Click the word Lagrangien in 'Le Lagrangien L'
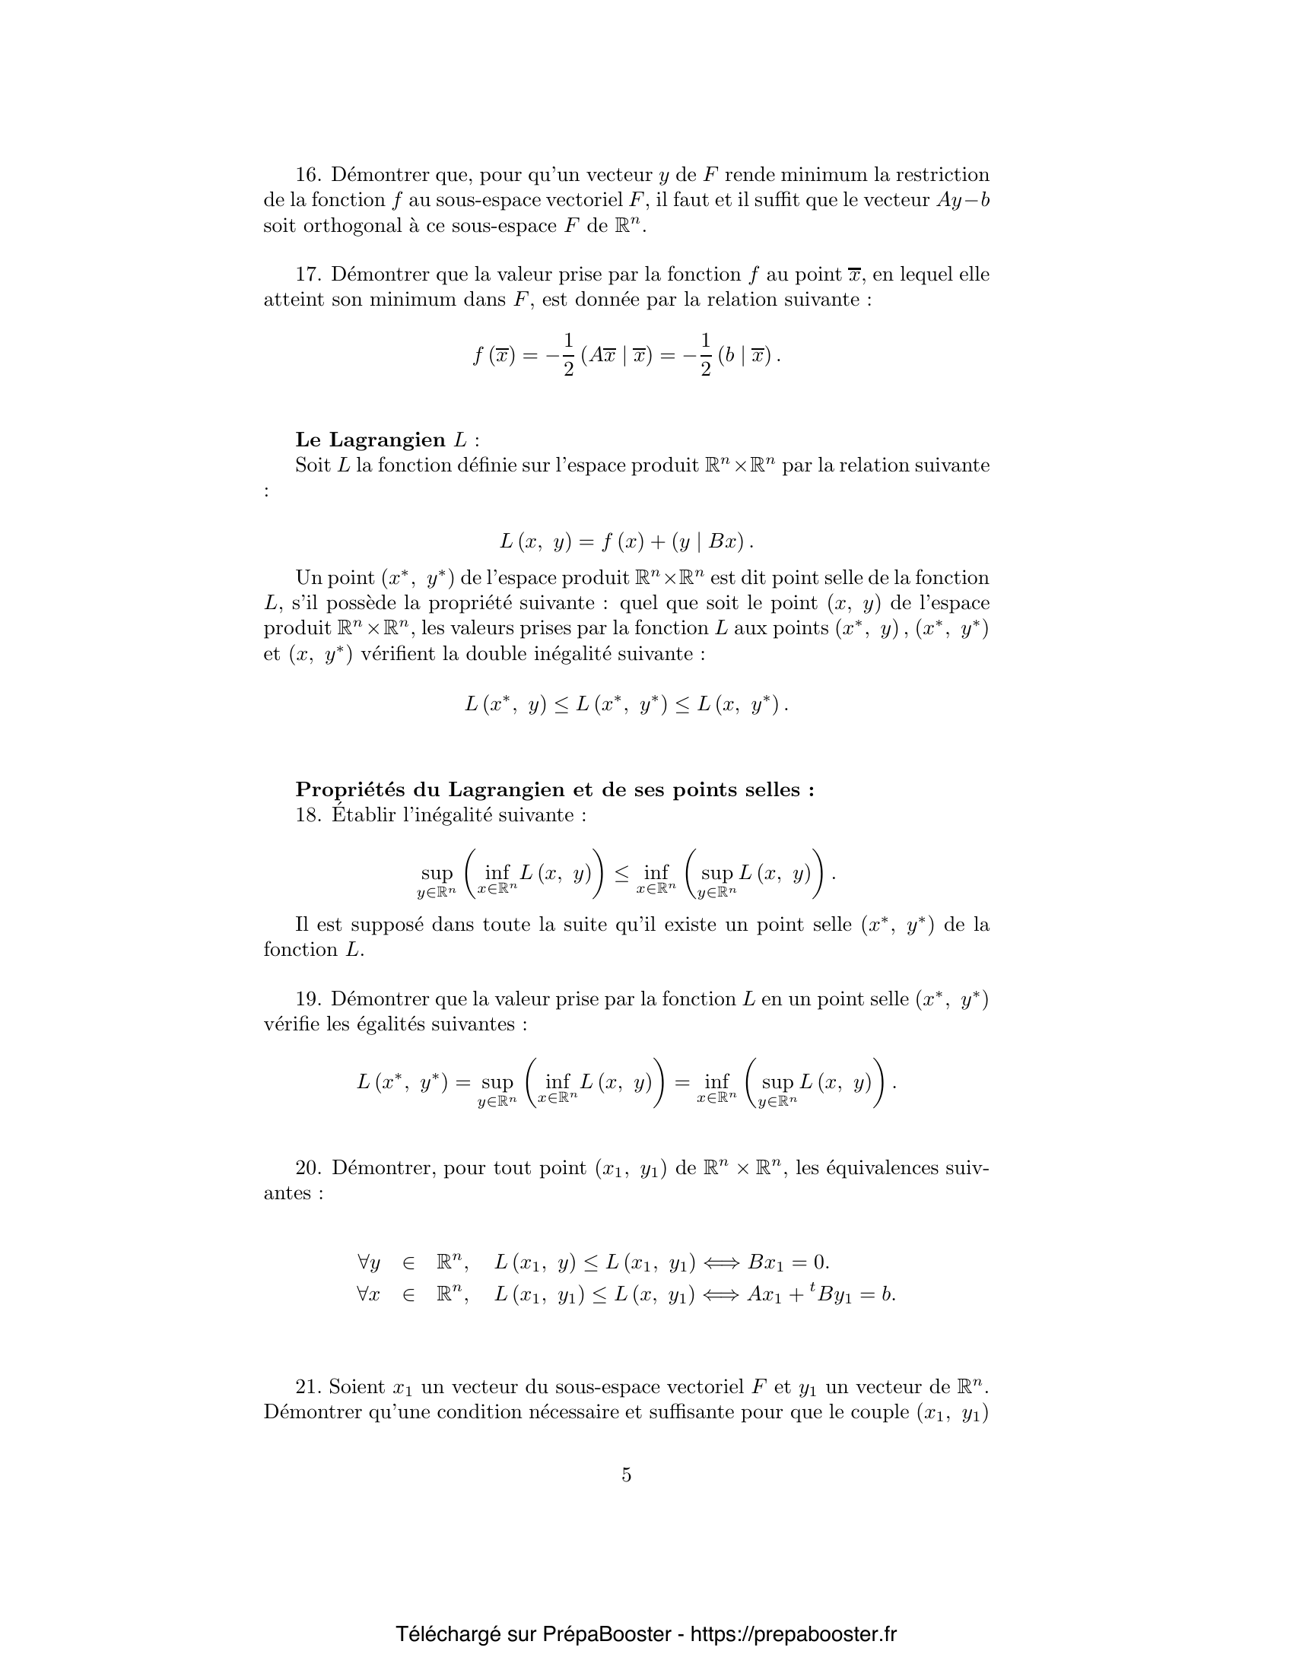tap(387, 440)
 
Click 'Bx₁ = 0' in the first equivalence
tap(788, 1262)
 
